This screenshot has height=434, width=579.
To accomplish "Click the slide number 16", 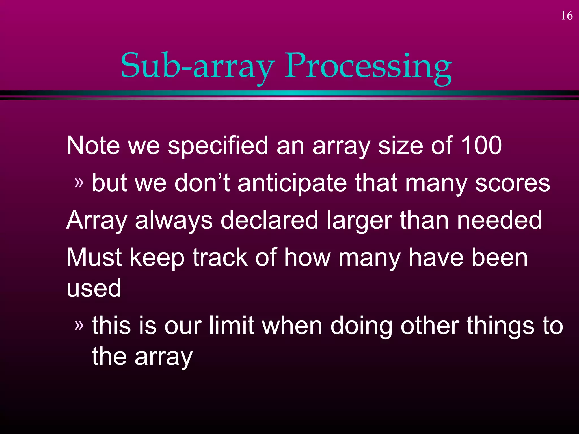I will (567, 16).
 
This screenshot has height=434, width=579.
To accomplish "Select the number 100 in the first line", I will (481, 145).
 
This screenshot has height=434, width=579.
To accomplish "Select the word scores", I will (512, 184).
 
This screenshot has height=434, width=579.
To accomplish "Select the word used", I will (94, 288).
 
